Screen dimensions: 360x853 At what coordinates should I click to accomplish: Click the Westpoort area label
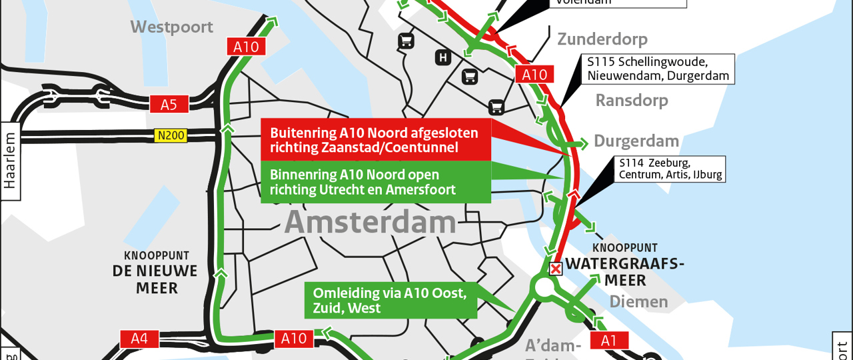(171, 27)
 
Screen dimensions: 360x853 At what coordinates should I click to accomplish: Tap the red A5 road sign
(169, 105)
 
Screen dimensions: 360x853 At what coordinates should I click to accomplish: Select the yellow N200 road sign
(171, 135)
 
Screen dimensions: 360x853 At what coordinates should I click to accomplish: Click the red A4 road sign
(139, 339)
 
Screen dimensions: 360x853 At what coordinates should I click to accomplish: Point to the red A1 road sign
(609, 341)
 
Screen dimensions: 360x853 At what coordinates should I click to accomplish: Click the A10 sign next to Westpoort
(246, 47)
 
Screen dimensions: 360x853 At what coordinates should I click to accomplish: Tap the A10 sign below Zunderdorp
(534, 75)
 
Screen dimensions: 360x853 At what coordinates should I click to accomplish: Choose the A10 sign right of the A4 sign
(293, 339)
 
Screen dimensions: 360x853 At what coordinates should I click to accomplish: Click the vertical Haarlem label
(10, 161)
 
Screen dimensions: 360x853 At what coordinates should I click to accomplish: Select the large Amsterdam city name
(371, 223)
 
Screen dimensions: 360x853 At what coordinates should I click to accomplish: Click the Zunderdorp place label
(602, 39)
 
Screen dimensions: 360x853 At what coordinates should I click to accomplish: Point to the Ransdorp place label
(631, 101)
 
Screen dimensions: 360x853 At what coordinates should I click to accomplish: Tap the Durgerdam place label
(636, 141)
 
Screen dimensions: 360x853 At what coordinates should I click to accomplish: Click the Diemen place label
(638, 302)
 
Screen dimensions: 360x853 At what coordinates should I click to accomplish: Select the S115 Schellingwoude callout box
(658, 69)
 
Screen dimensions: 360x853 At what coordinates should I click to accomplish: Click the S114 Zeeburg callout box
(670, 169)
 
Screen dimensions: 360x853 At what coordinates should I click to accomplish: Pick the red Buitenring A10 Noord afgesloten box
(375, 140)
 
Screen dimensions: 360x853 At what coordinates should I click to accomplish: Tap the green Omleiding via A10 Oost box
(391, 301)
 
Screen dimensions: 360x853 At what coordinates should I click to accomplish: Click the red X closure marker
(555, 269)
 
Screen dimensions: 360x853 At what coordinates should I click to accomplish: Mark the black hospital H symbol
(443, 58)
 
